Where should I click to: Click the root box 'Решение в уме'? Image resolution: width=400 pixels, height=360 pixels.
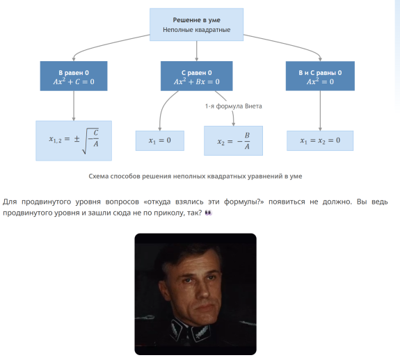click(196, 24)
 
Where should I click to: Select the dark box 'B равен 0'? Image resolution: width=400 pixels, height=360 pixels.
click(74, 76)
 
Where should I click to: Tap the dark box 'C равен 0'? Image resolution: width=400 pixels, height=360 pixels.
click(196, 76)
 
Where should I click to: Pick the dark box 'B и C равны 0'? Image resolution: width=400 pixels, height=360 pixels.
click(320, 76)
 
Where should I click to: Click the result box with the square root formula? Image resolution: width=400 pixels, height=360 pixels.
click(74, 140)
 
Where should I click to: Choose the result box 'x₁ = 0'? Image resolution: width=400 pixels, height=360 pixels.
click(160, 140)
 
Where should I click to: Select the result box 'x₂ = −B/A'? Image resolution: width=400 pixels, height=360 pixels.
click(233, 140)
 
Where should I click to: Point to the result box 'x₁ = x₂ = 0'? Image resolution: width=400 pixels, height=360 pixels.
click(320, 140)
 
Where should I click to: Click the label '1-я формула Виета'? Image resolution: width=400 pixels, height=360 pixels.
click(234, 106)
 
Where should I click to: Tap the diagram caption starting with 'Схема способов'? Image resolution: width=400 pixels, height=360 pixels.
click(195, 177)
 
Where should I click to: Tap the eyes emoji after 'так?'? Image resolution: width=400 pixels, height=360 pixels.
click(209, 213)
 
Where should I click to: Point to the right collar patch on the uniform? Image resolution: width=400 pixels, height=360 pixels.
click(201, 332)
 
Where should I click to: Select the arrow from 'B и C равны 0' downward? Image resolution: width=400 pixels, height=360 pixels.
click(320, 111)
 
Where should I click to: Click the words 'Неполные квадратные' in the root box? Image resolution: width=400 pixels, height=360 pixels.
click(196, 30)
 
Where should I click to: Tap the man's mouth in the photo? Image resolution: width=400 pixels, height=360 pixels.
click(205, 306)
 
